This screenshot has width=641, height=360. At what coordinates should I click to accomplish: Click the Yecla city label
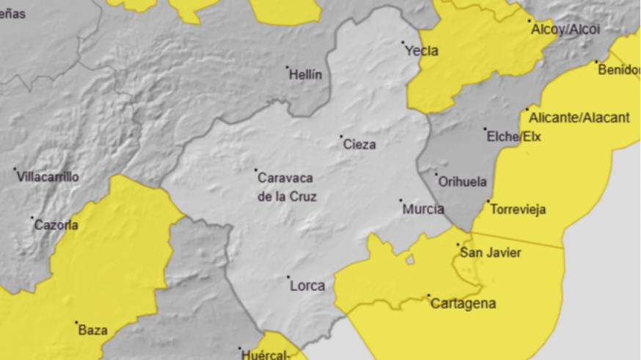tap(422, 51)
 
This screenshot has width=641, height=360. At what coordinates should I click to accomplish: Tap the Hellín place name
tap(306, 75)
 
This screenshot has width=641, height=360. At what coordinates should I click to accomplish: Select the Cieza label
tap(359, 144)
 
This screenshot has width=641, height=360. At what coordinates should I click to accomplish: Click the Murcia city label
tap(423, 209)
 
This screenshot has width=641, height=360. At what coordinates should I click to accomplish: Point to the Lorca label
tap(307, 286)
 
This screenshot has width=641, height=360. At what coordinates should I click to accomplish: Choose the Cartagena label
tap(464, 304)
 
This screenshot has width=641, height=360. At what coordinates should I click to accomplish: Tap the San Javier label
tap(490, 253)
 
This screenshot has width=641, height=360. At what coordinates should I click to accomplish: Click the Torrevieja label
tap(518, 210)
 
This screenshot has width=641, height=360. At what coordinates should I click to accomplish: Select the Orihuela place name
tap(462, 182)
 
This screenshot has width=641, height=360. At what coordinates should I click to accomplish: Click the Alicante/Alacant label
tap(579, 117)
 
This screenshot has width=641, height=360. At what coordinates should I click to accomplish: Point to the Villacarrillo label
tap(48, 177)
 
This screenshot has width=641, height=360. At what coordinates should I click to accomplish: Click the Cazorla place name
tap(56, 225)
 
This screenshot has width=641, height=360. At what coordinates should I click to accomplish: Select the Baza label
tap(92, 330)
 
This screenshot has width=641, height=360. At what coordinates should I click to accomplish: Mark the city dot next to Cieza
tap(341, 136)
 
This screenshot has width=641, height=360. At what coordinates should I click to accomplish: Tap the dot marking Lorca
tap(288, 277)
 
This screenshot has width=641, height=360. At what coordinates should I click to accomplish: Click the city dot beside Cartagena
tap(429, 295)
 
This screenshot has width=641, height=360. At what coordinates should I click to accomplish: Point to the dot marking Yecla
tap(403, 43)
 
